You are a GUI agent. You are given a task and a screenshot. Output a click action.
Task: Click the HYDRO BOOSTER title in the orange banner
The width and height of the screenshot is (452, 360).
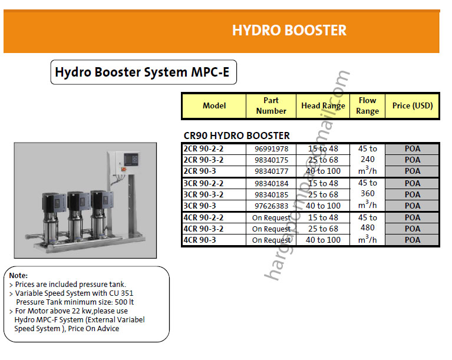pos(289,30)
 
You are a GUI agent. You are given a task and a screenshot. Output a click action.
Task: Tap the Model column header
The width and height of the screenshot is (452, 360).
pos(214,106)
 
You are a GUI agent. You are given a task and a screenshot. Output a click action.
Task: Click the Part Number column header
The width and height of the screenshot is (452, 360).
pos(271,106)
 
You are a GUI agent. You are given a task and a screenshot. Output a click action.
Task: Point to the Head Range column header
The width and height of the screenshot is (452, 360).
pos(323,106)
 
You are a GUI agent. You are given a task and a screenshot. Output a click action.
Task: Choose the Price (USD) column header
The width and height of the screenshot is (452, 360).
pos(413,106)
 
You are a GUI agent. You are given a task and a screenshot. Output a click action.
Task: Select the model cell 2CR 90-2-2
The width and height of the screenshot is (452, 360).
pos(203,148)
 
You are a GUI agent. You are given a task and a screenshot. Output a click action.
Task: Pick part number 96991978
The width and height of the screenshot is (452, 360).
pos(271,148)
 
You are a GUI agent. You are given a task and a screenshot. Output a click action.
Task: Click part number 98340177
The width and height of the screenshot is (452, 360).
pos(271,171)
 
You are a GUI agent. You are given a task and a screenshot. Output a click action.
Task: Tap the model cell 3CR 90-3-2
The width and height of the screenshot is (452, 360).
pos(203,194)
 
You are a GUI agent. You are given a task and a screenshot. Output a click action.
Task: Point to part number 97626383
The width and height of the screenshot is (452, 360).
pos(271,206)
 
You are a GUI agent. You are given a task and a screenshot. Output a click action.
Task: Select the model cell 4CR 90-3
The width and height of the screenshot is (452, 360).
pos(200,240)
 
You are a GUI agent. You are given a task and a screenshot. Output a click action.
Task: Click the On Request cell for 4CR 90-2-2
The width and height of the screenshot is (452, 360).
pos(271,217)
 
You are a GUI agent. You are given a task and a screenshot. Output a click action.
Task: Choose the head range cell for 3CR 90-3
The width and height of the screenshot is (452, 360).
pos(323,206)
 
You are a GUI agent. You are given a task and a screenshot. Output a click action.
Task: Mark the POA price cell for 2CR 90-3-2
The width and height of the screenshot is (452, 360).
pos(413,160)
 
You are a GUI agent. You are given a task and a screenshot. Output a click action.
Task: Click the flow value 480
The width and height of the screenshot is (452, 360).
pos(367,229)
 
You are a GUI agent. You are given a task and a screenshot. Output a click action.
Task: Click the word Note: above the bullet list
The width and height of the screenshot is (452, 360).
pos(19,275)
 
